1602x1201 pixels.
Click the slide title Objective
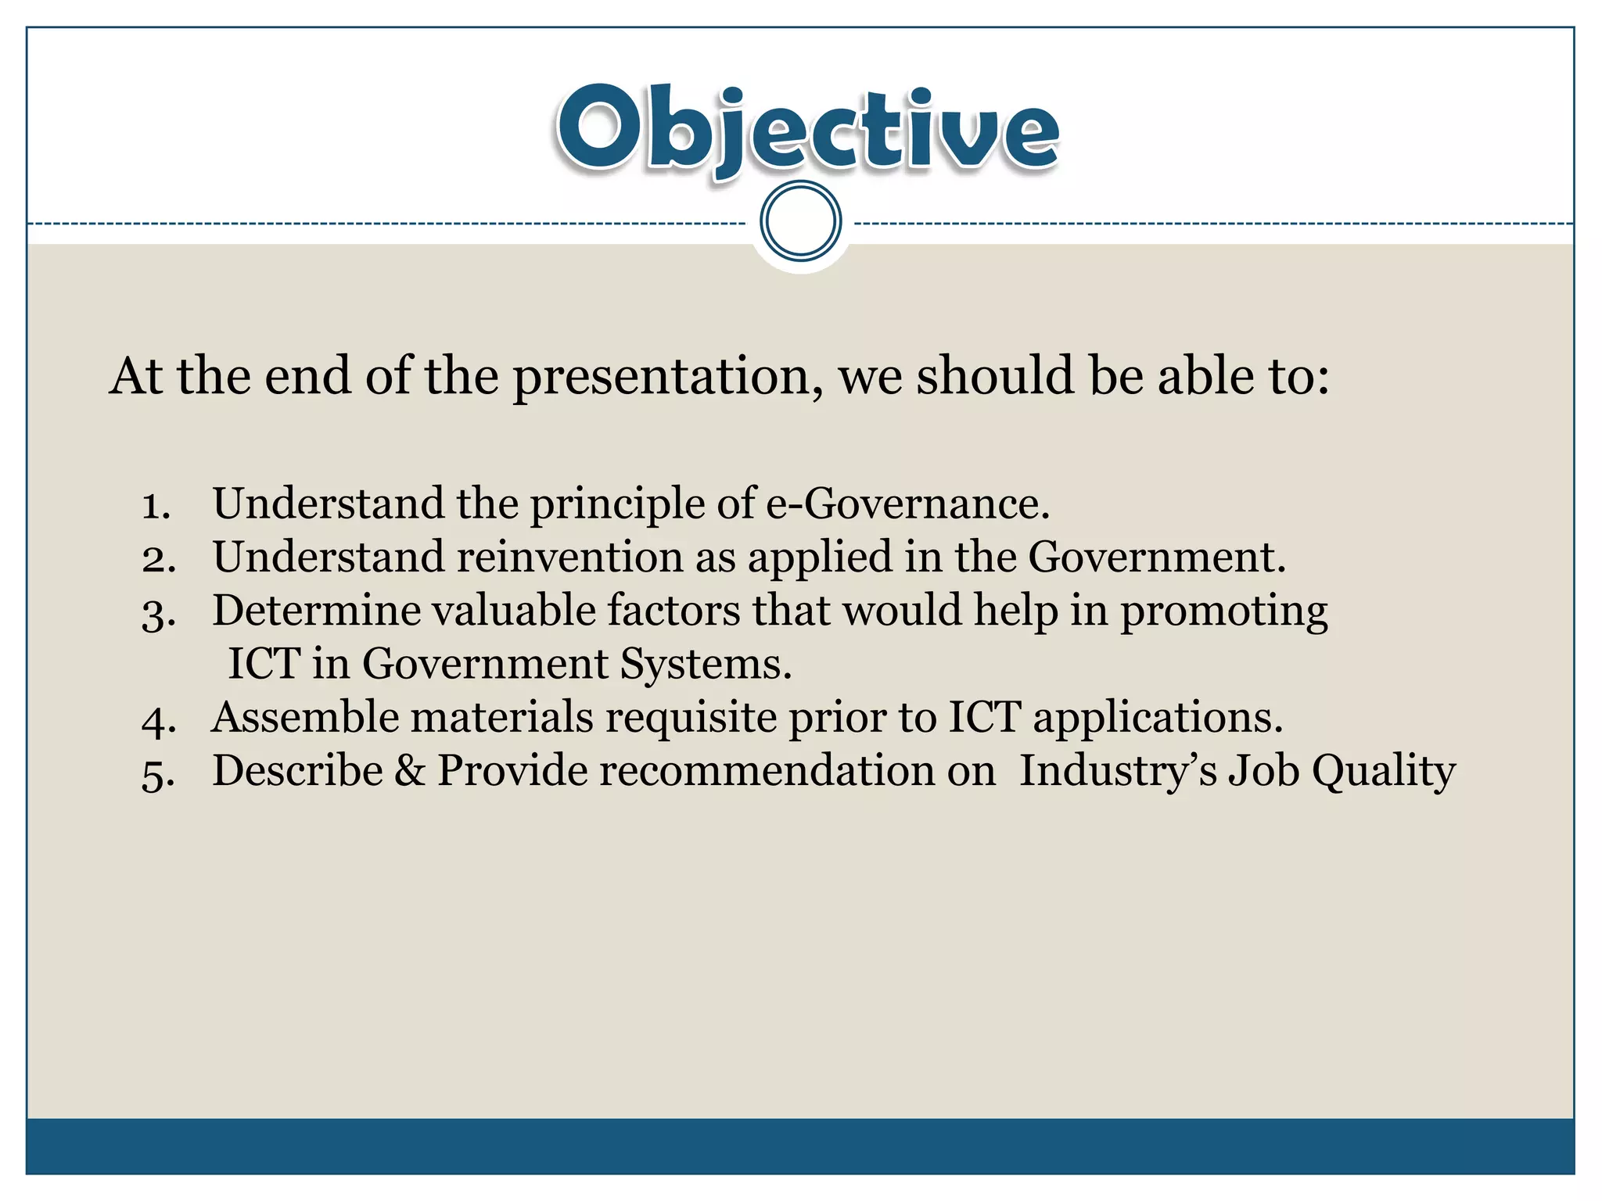pos(807,130)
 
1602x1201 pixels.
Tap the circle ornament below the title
pos(800,221)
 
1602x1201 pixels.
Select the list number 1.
pos(156,506)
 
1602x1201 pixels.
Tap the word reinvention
pos(569,557)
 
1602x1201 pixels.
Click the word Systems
pos(706,665)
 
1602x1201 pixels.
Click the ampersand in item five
pos(409,771)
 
